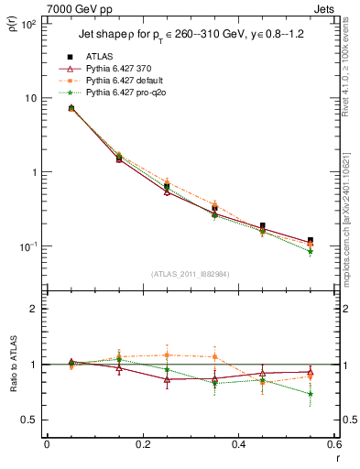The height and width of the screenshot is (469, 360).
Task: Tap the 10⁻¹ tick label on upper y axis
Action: coord(27,246)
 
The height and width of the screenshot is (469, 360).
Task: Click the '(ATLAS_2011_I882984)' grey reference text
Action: coord(190,274)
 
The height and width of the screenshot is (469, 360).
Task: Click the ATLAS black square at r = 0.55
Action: coord(310,241)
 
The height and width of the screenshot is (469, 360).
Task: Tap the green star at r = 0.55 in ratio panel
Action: coord(310,395)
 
